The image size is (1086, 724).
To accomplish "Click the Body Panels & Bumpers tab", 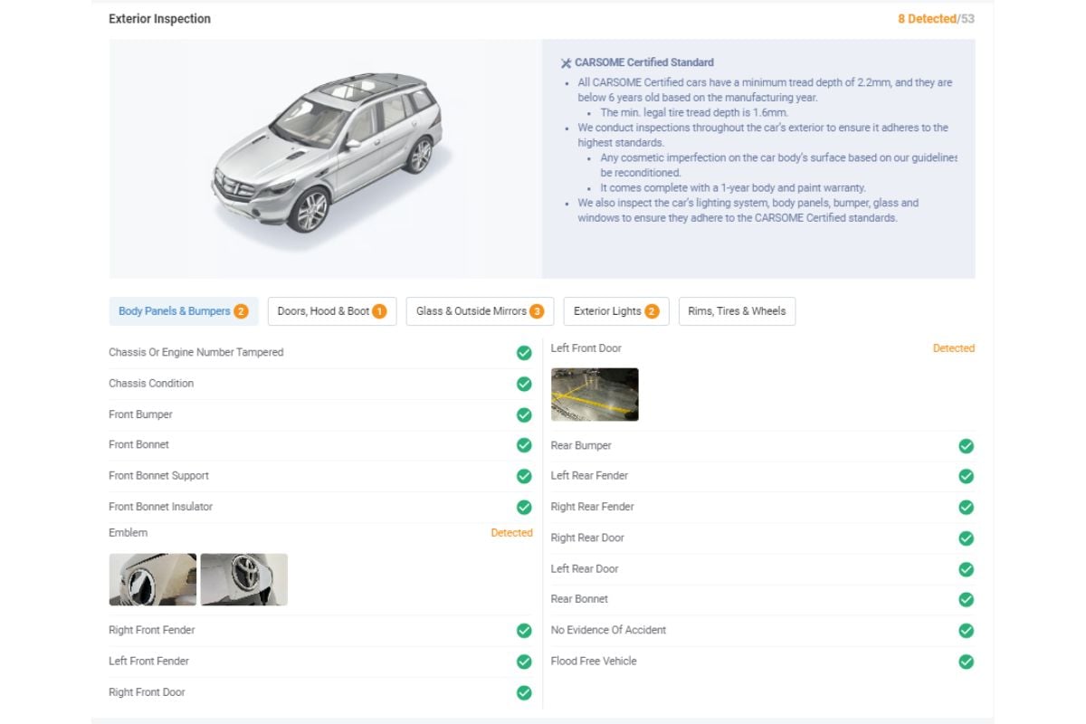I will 183,311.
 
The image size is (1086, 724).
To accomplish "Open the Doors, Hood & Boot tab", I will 331,311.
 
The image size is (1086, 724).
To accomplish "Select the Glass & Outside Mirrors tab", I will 480,311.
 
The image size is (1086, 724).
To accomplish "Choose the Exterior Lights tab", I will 615,311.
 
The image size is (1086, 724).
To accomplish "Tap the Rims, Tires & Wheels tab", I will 737,311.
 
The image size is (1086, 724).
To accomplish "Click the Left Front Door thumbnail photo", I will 595,395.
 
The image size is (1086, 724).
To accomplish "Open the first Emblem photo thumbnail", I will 153,579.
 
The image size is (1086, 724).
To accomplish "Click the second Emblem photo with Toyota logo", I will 244,579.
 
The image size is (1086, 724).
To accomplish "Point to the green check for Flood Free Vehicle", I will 966,662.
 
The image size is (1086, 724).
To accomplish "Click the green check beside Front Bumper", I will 524,414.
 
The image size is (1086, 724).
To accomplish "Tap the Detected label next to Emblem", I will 511,533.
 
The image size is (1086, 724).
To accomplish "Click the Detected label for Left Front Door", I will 953,348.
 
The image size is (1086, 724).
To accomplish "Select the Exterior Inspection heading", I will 159,19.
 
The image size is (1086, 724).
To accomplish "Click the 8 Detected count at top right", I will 927,19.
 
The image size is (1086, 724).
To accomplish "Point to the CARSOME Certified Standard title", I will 643,62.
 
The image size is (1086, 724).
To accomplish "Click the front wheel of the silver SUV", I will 311,211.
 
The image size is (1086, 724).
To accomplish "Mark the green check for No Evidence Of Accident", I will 966,631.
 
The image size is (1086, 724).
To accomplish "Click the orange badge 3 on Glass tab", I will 537,311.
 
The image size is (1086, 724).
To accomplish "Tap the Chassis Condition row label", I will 151,384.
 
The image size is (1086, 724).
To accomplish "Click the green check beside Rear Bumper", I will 966,446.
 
